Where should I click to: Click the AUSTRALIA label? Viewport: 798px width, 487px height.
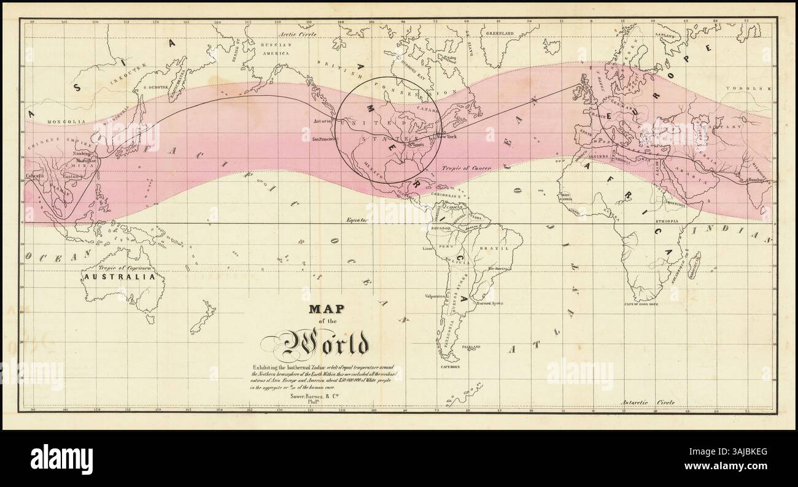pyautogui.click(x=119, y=277)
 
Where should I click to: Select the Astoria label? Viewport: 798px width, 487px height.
pyautogui.click(x=323, y=121)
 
